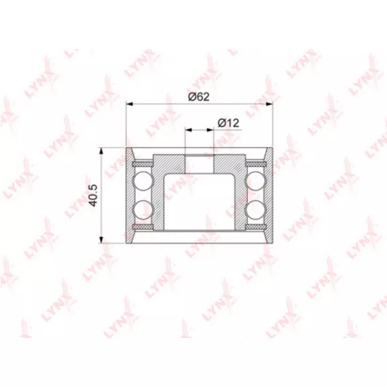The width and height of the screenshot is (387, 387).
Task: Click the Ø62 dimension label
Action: (x=199, y=96)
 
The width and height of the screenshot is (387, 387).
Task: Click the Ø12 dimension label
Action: (x=229, y=123)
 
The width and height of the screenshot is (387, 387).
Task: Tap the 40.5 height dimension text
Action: (x=94, y=196)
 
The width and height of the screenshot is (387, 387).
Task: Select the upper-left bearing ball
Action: (x=143, y=181)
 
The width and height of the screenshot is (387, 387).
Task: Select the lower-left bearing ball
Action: (x=143, y=210)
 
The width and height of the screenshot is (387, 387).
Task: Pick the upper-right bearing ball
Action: (x=256, y=181)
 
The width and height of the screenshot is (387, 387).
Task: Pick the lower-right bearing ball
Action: (x=256, y=210)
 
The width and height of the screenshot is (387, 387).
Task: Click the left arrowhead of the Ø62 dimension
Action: (x=129, y=104)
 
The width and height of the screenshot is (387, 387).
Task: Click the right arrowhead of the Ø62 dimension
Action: (x=270, y=104)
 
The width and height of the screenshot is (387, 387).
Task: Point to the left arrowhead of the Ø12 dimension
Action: (x=189, y=130)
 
